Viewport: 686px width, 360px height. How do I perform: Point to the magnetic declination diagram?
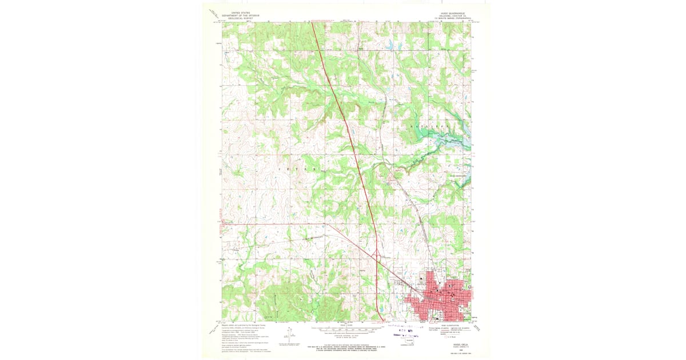pyautogui.click(x=291, y=336)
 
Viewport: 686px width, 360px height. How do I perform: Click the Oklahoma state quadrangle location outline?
pyautogui.click(x=409, y=342)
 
